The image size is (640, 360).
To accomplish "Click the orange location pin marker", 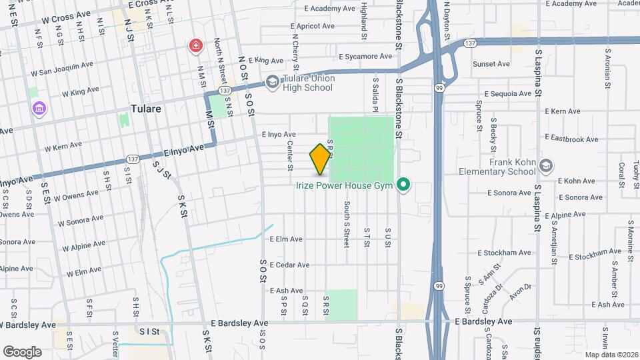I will tap(321, 159).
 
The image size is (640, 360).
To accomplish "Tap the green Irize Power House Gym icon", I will tap(403, 185).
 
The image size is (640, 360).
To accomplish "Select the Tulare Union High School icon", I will tap(272, 82).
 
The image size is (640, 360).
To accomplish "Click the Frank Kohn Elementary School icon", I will tap(546, 165).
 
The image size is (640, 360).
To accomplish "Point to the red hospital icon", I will tap(196, 46).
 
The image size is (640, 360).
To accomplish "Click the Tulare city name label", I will tap(146, 109).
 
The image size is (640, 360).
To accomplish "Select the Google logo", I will tap(22, 351).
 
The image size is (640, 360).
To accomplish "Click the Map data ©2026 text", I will tap(610, 355).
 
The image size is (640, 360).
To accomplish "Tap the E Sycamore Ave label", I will tap(365, 57).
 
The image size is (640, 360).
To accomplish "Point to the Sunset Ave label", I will tap(491, 64).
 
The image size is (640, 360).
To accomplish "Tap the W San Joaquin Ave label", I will tap(65, 67).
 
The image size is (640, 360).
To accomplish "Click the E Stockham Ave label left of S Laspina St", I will tap(505, 253).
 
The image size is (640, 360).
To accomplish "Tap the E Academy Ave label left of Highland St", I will tap(329, 9).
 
